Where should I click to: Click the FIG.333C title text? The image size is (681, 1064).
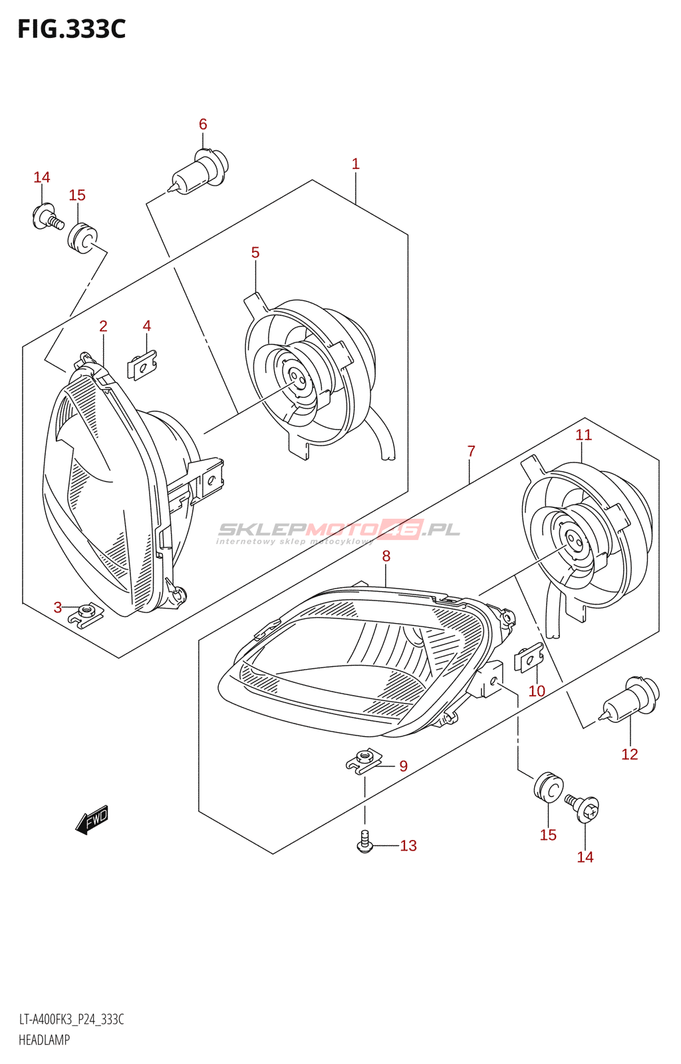tap(71, 29)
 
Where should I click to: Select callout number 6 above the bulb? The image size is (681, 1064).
tap(203, 124)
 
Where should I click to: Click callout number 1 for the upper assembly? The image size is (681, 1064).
tap(356, 164)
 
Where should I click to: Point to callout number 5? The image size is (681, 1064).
tap(255, 253)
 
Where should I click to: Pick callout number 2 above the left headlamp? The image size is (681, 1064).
tap(104, 326)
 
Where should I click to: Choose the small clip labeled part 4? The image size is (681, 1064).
tap(142, 365)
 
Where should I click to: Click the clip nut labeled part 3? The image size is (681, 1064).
tap(86, 613)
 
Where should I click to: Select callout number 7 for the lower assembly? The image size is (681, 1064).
tap(472, 452)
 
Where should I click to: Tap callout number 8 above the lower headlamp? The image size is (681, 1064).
tap(386, 556)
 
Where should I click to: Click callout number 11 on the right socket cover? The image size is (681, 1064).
tap(583, 435)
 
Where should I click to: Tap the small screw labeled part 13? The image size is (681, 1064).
tap(364, 841)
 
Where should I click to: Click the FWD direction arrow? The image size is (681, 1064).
tap(92, 819)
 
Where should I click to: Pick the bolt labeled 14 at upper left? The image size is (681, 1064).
tap(47, 217)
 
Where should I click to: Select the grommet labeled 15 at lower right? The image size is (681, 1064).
tap(548, 787)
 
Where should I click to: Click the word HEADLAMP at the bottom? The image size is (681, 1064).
tap(44, 1040)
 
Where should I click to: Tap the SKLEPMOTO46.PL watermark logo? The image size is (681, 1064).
tap(339, 531)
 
